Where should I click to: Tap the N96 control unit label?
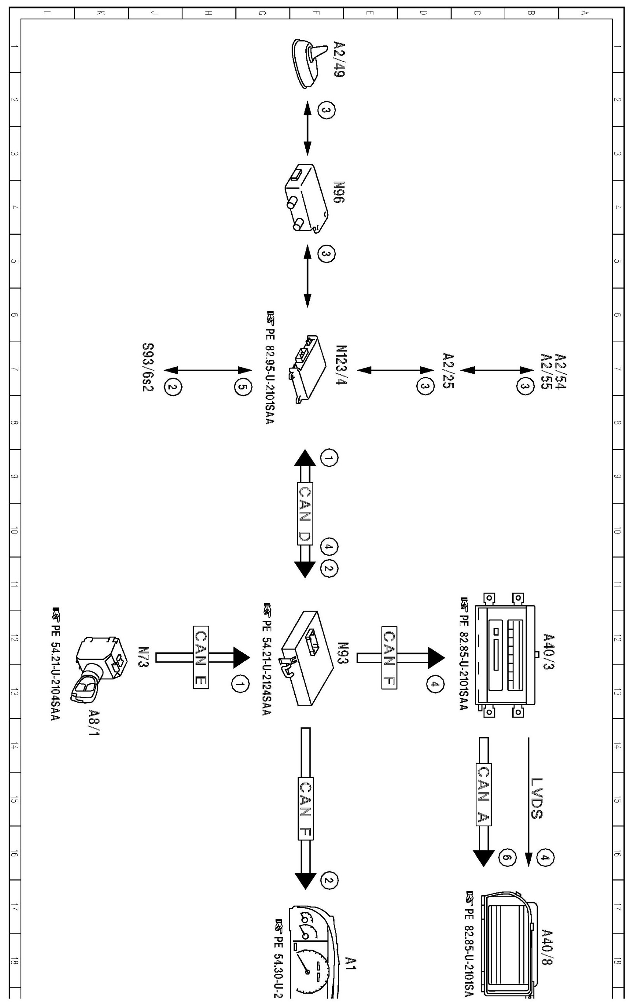tap(339, 192)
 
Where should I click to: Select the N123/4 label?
tap(341, 365)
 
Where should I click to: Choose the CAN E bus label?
tap(200, 658)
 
